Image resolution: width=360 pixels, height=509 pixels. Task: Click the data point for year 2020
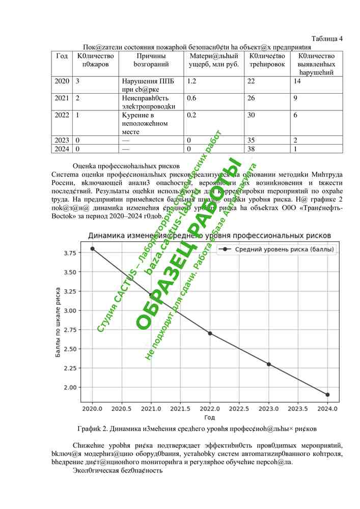[x=92, y=248]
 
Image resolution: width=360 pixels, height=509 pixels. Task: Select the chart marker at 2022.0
[x=210, y=333]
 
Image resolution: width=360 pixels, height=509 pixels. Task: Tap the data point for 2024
[x=327, y=394]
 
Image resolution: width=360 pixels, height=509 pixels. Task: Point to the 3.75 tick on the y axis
[x=70, y=253]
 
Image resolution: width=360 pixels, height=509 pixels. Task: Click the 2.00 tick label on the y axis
[x=70, y=387]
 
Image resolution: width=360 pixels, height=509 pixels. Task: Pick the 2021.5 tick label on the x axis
[x=180, y=409]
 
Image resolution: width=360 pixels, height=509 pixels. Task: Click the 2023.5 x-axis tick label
[x=298, y=409]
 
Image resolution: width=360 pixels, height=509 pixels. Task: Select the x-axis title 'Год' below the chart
[x=210, y=417]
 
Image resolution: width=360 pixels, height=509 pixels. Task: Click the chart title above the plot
[x=210, y=236]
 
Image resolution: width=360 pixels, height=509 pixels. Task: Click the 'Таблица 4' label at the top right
[x=326, y=39]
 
